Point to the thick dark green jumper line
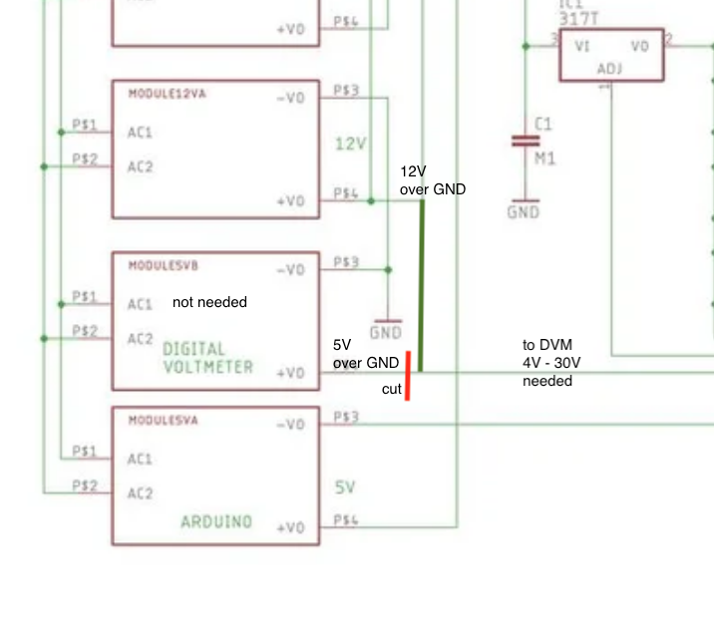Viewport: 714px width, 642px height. [x=421, y=285]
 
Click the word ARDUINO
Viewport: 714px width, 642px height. [x=216, y=521]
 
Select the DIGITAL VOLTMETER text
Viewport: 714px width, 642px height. [x=207, y=358]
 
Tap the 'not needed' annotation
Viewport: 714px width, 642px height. [x=209, y=302]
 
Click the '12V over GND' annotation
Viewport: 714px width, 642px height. [x=432, y=180]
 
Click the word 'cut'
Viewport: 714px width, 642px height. [x=392, y=390]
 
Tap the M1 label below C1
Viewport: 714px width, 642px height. [x=544, y=159]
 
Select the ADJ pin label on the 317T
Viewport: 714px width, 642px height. [x=608, y=69]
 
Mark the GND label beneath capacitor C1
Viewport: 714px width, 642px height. [x=523, y=211]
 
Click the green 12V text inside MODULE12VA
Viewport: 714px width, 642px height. [x=350, y=144]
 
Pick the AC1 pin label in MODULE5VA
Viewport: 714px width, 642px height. [x=140, y=460]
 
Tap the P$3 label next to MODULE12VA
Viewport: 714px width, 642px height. [x=346, y=92]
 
